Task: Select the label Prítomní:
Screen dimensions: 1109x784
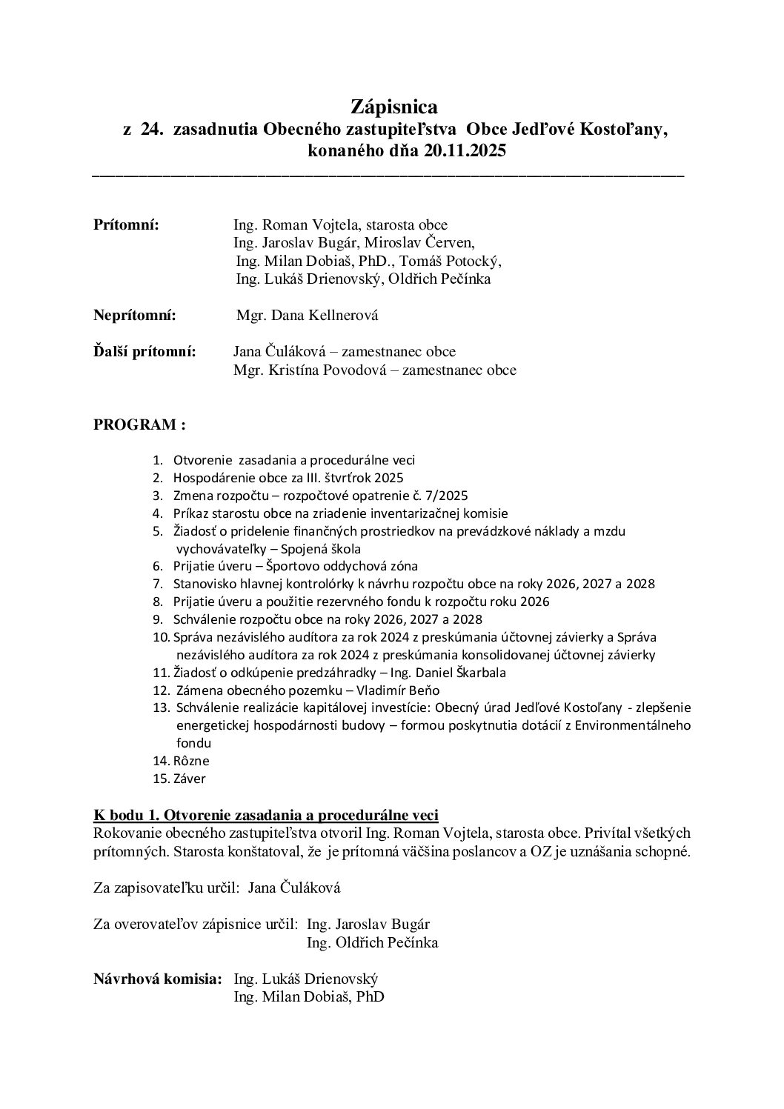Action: [x=126, y=225]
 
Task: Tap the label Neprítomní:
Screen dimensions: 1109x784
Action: [x=135, y=316]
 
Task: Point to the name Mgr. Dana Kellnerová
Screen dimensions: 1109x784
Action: [x=307, y=316]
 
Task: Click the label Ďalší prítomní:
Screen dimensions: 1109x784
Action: [x=144, y=351]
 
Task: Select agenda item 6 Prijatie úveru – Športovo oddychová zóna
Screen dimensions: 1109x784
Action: [x=295, y=566]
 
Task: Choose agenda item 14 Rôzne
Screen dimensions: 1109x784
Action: [x=191, y=761]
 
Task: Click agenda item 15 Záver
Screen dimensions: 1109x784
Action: [x=189, y=779]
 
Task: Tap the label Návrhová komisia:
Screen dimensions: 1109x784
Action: [x=157, y=979]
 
